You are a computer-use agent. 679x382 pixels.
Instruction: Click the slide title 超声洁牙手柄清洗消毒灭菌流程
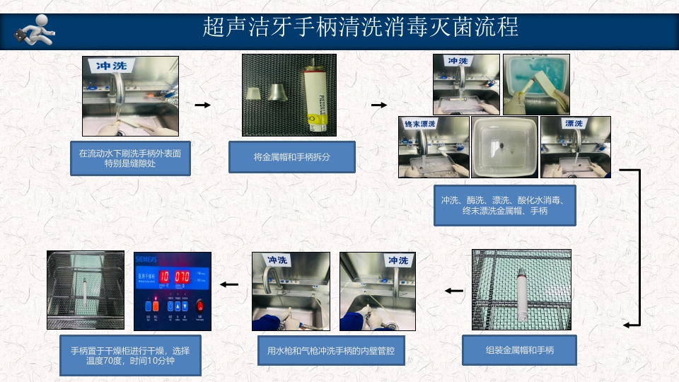coord(360,27)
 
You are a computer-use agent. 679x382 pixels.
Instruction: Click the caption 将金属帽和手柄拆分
coord(291,157)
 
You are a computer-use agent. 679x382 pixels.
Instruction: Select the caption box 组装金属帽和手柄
coord(520,350)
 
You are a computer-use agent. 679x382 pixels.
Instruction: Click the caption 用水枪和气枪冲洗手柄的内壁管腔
coord(330,350)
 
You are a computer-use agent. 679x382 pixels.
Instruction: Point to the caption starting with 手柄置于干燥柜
coord(130,355)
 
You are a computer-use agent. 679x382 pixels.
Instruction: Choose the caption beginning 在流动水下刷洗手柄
coord(130,158)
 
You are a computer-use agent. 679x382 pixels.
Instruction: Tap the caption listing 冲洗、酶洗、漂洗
coord(504,205)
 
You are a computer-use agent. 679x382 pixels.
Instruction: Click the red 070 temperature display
coord(182,277)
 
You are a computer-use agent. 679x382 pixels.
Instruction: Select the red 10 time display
coord(163,277)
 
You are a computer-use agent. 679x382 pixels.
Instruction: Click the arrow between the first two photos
coord(203,105)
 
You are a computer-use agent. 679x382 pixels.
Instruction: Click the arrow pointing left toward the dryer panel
coord(228,284)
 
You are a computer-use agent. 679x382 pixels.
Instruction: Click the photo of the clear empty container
coord(504,146)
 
